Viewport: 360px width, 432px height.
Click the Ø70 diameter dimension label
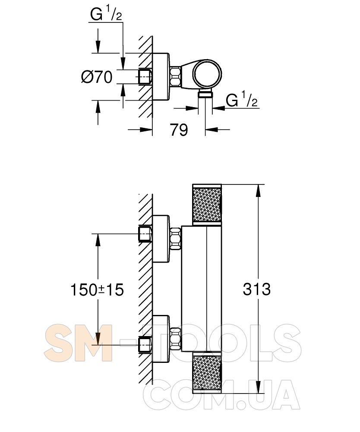pos(97,76)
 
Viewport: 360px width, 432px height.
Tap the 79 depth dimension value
pos(179,130)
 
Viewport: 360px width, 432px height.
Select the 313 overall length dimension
pos(257,289)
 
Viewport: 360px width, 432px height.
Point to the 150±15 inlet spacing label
pos(97,289)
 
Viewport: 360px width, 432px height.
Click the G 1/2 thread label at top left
pos(106,14)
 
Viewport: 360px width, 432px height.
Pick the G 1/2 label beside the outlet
pos(242,99)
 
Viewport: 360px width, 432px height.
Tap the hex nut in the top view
pos(175,76)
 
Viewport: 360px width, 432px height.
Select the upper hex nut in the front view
pos(175,238)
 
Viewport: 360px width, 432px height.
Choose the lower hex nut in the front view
pos(175,339)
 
